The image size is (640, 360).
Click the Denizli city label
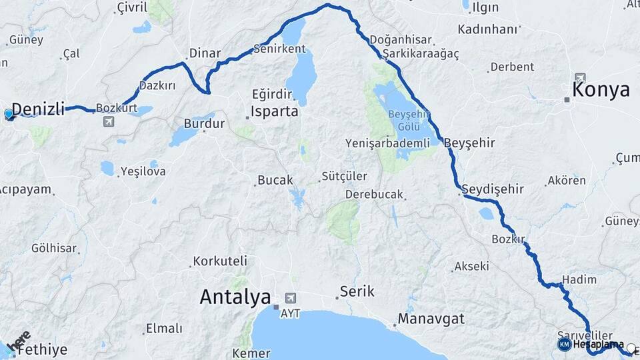point(38,109)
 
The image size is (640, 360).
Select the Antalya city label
point(235,297)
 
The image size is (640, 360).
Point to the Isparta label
point(275,111)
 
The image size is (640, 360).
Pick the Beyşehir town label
point(469,143)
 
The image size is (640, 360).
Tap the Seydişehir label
point(493,189)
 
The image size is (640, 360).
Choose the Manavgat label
point(431,319)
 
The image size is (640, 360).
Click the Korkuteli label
point(220,261)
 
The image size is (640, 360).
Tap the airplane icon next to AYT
point(290,297)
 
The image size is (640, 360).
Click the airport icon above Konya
point(581,77)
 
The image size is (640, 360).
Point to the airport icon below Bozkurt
point(108,122)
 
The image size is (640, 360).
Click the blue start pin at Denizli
point(9,114)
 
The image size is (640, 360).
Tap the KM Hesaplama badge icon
point(564,345)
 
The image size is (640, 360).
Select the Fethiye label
point(42,349)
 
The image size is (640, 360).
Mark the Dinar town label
point(205,53)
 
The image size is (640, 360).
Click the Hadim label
point(579,279)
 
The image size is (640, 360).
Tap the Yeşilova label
point(143,171)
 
